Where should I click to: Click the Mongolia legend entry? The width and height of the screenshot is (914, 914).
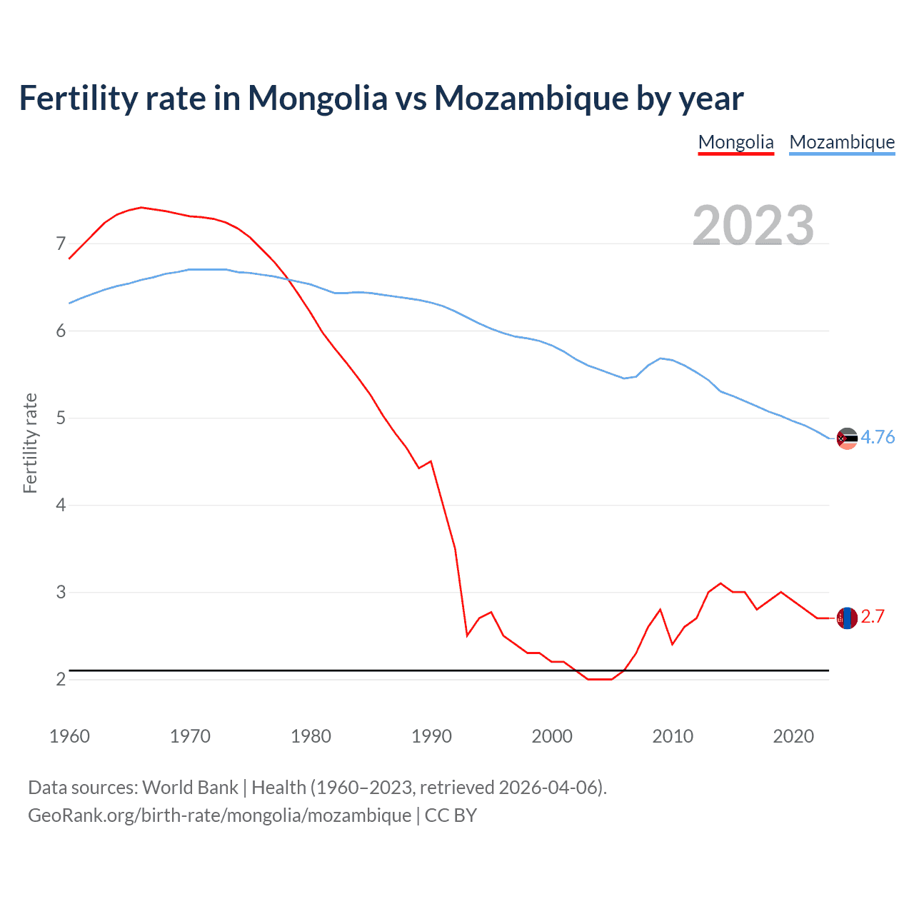coord(735,142)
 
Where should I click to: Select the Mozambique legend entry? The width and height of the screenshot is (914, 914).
coord(842,142)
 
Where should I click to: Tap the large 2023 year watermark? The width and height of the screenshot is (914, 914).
coord(753,225)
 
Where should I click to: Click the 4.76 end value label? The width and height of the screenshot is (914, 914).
coord(878,437)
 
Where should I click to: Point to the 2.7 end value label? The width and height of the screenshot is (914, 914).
coord(873,616)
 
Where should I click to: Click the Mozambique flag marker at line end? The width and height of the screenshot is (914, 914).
coord(847,438)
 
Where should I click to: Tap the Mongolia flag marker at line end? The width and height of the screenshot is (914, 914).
coord(847,618)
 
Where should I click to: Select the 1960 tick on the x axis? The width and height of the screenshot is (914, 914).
coord(69,736)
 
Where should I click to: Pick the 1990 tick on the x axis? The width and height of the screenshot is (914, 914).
coord(431,736)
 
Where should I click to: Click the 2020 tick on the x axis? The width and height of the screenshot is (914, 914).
coord(793,736)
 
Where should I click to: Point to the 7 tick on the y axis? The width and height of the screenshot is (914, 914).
coord(61,244)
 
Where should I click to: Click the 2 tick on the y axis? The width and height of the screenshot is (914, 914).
coord(61,679)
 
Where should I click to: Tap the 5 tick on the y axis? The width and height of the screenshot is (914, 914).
coord(61,418)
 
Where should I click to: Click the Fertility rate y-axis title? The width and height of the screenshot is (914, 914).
coord(30,443)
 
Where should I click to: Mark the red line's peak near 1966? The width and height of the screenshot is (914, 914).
coord(141,207)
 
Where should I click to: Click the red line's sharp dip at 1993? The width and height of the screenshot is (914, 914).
coord(467,635)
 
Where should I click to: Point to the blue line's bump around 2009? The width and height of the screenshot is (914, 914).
coord(661,358)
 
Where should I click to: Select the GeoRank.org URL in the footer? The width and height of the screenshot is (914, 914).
coord(219,815)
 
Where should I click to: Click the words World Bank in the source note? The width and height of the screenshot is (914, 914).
coord(190,788)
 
